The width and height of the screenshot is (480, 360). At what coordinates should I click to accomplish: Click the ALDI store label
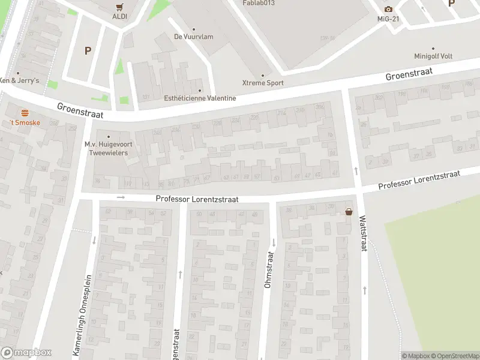click(x=119, y=16)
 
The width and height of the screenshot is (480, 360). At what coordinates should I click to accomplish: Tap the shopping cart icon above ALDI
click(x=119, y=7)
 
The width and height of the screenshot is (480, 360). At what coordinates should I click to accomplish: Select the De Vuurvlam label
click(x=193, y=37)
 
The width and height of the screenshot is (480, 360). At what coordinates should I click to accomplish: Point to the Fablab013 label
click(x=259, y=3)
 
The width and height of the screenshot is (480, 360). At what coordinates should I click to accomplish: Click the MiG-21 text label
click(x=388, y=19)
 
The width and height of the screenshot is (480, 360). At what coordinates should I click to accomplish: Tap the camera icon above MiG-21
click(x=388, y=9)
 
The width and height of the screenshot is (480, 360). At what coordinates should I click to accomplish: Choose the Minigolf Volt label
click(x=433, y=56)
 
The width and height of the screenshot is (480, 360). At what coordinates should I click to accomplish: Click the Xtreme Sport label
click(x=263, y=83)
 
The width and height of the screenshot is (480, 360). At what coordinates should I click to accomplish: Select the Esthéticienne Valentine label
click(x=200, y=98)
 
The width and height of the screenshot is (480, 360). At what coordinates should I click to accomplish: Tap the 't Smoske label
click(x=25, y=122)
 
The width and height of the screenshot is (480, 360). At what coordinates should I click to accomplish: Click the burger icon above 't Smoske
click(x=25, y=112)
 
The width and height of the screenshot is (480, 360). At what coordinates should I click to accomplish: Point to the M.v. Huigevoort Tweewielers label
click(x=108, y=148)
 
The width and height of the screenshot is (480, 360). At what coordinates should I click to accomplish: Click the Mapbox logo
click(x=26, y=353)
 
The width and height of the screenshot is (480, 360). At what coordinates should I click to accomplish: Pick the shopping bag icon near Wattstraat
click(x=349, y=211)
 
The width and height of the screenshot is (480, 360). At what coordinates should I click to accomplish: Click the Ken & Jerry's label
click(x=19, y=80)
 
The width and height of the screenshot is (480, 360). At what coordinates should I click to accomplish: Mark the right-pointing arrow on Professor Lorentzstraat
click(x=121, y=197)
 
